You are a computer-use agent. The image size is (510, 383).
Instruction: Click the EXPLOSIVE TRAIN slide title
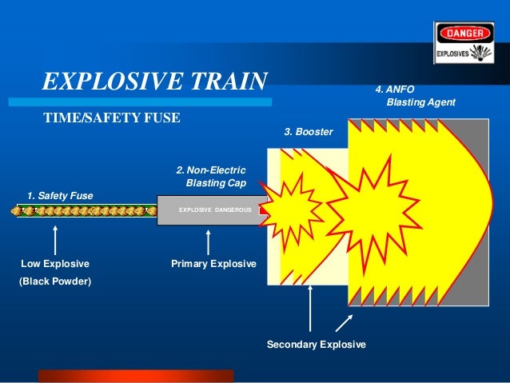(x=154, y=82)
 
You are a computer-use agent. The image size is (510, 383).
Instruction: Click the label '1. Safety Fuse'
(x=60, y=195)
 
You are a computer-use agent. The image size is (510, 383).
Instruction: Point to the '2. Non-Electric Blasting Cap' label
(x=211, y=177)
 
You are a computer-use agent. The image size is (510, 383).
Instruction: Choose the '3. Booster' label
(x=309, y=131)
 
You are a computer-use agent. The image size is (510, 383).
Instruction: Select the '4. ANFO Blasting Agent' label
(x=416, y=96)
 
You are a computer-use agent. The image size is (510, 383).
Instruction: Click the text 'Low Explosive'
(x=55, y=263)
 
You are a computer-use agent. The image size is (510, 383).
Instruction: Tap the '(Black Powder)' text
(x=55, y=281)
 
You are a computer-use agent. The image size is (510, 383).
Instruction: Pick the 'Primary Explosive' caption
(x=213, y=263)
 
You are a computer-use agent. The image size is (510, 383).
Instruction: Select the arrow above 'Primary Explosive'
(x=208, y=241)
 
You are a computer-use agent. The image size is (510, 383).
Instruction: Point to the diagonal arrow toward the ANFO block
(x=344, y=321)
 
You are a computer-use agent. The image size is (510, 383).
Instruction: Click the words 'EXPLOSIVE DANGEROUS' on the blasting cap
(x=214, y=209)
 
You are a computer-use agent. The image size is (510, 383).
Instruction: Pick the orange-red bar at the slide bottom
(x=136, y=376)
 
